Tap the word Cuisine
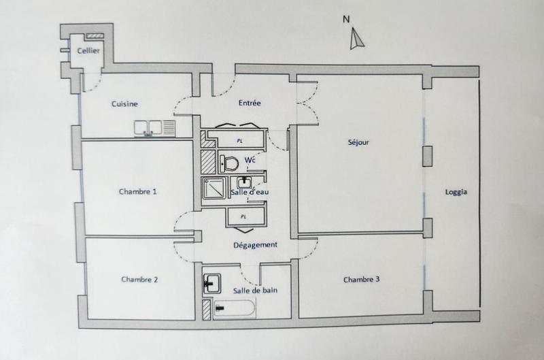click(x=125, y=103)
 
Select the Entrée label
click(x=250, y=103)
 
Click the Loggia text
click(x=456, y=192)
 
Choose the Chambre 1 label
click(x=137, y=192)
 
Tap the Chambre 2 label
click(x=139, y=279)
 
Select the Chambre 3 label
click(x=362, y=279)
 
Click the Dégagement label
click(x=254, y=245)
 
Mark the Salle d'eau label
click(x=250, y=193)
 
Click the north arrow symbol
click(x=354, y=41)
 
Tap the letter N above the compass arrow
click(x=346, y=19)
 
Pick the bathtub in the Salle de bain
click(x=234, y=310)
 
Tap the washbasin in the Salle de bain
click(x=210, y=281)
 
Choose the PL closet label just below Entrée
click(x=239, y=140)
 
